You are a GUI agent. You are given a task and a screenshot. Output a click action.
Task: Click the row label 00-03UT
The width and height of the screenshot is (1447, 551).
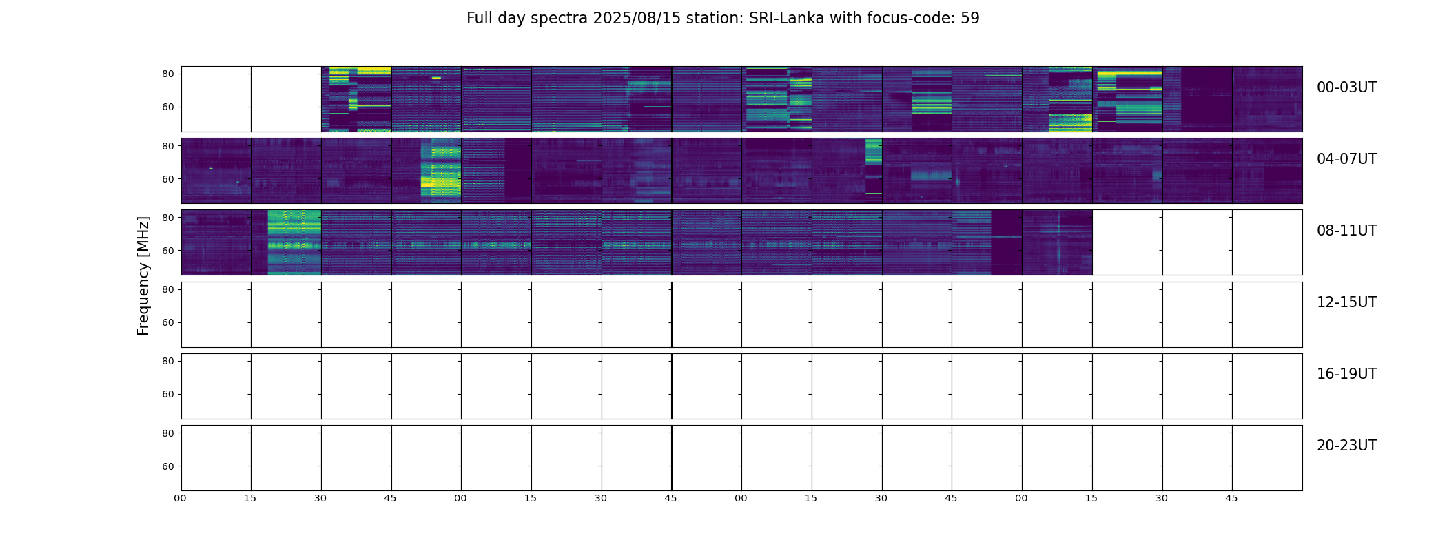coord(1346,87)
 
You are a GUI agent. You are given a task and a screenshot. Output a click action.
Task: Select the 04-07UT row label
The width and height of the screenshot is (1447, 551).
coord(1346,159)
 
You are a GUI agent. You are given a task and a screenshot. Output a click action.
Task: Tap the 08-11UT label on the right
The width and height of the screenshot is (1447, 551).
coord(1346,231)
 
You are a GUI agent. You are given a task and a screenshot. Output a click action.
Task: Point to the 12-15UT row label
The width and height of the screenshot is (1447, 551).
coord(1346,302)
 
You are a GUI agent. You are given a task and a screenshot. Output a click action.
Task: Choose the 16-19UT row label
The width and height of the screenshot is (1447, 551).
coord(1346,374)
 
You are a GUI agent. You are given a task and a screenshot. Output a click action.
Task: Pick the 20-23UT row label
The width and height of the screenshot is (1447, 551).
coord(1346,446)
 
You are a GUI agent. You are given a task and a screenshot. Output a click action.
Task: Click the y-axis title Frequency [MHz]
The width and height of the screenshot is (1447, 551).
coord(143,275)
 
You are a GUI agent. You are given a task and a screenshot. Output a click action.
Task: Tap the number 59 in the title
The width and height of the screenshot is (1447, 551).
coord(970,19)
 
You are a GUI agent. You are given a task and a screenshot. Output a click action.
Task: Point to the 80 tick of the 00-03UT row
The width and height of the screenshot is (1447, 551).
coord(167,74)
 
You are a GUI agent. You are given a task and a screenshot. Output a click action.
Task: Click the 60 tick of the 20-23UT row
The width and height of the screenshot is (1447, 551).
coord(167,466)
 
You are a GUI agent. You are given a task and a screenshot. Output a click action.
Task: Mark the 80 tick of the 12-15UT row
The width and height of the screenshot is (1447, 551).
coord(167,290)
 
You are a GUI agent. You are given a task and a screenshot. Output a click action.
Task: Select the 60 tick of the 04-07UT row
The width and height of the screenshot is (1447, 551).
coord(167,179)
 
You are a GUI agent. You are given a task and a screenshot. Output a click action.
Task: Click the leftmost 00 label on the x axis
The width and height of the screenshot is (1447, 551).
coord(181,499)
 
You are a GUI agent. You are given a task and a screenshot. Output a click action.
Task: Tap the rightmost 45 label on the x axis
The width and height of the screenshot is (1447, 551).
coord(1231,499)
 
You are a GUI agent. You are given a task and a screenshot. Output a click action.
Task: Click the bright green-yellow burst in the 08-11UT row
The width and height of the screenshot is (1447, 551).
coord(294,242)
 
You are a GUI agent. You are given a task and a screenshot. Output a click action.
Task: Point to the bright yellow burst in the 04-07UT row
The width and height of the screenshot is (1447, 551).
coord(441,172)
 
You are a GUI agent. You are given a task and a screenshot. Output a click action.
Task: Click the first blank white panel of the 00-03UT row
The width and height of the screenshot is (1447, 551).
coord(216,98)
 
